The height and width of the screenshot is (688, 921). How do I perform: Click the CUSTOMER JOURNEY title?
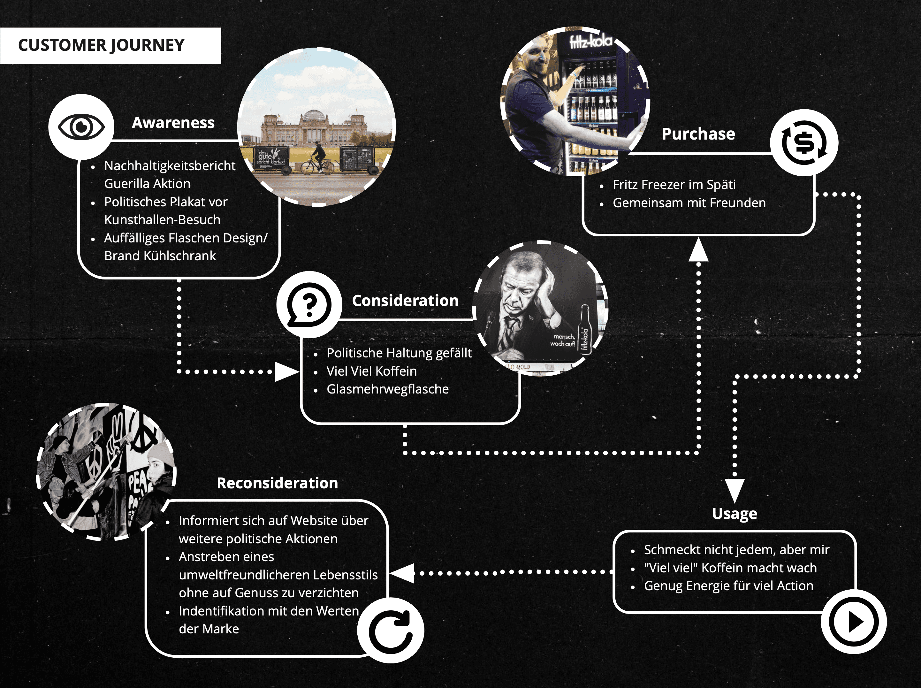tap(101, 45)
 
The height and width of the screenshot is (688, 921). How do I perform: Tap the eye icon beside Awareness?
tap(81, 126)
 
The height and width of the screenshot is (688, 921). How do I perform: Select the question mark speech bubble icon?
tap(309, 304)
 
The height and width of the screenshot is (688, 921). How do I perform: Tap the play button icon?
tap(854, 621)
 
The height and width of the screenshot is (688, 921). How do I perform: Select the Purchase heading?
tap(698, 134)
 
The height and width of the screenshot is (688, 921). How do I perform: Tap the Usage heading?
tap(735, 514)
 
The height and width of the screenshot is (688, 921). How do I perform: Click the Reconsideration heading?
tap(277, 483)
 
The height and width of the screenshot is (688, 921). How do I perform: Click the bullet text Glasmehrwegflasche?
tap(388, 389)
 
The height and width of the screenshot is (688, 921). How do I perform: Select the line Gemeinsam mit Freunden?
tap(689, 203)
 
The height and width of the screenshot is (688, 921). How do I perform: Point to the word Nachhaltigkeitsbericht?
tap(170, 166)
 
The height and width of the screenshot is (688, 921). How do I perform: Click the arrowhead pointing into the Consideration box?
tap(286, 371)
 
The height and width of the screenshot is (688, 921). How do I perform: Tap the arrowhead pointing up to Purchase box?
tap(698, 250)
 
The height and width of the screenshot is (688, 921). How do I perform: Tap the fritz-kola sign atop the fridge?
tap(591, 41)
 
